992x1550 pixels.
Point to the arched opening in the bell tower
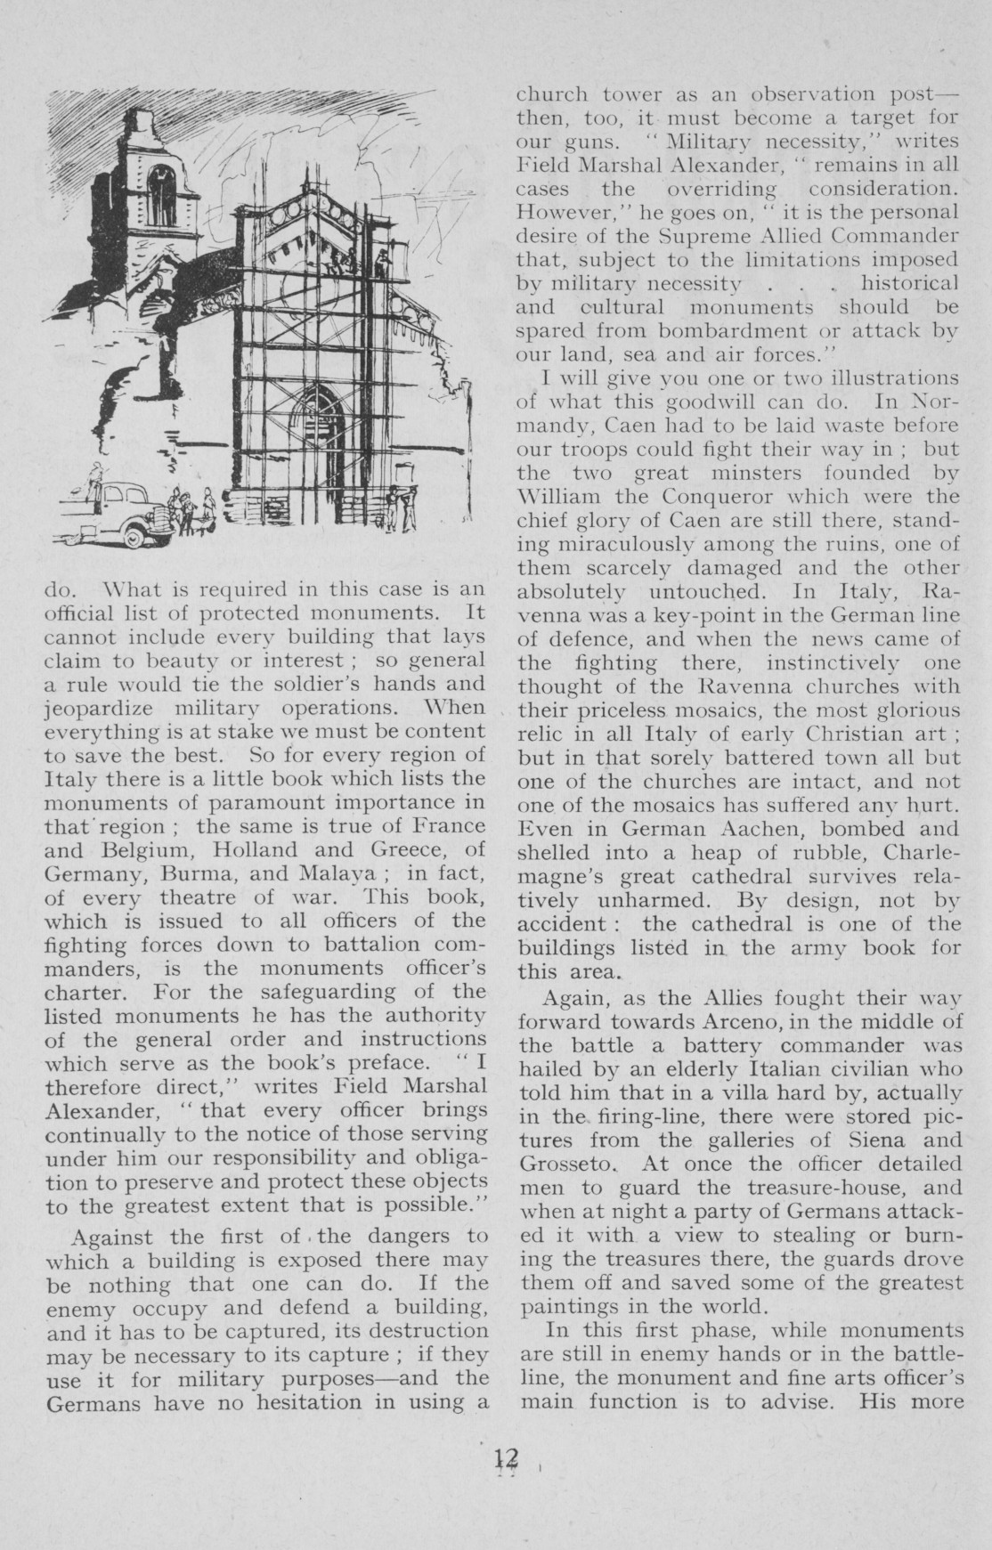(x=162, y=195)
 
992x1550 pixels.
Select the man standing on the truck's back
(x=94, y=482)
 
